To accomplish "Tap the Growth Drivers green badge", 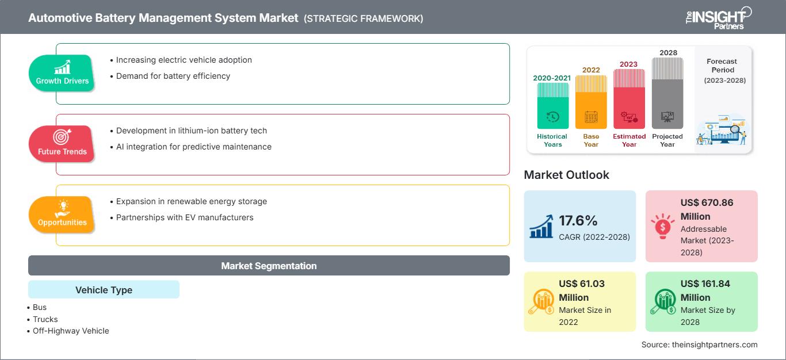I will (x=62, y=73).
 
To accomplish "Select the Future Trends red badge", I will (x=62, y=144).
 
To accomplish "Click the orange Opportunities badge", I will (x=62, y=215).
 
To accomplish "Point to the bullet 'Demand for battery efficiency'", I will (x=173, y=76).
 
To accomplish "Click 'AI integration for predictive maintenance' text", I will (x=193, y=147).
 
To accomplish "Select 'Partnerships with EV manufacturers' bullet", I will (x=184, y=217).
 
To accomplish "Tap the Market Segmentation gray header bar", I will (x=269, y=266).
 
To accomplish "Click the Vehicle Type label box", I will (x=104, y=290).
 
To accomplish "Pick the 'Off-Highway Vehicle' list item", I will (x=71, y=331).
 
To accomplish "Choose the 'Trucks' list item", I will (x=45, y=319).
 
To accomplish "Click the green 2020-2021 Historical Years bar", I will (x=552, y=106).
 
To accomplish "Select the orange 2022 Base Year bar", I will (x=591, y=102).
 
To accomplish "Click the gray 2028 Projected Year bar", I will (x=667, y=93).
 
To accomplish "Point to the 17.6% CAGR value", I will (x=578, y=221).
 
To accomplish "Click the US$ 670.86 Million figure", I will (x=707, y=209).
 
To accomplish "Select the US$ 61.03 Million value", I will (x=582, y=290).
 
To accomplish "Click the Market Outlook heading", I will (x=566, y=175).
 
